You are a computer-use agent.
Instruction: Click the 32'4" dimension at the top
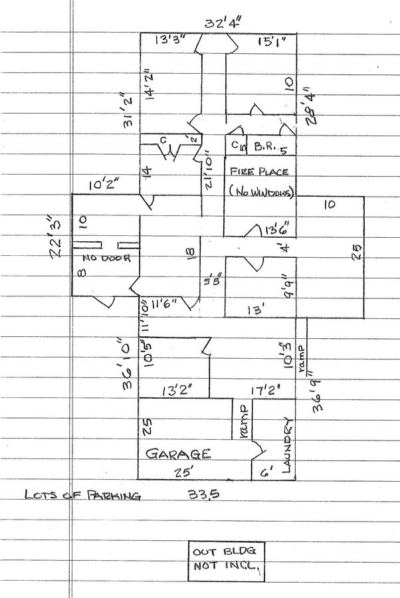[223, 25]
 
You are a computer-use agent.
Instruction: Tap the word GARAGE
[178, 454]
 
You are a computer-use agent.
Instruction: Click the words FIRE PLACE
[259, 171]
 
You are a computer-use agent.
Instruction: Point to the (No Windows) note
[261, 191]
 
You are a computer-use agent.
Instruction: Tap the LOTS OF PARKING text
[82, 496]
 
